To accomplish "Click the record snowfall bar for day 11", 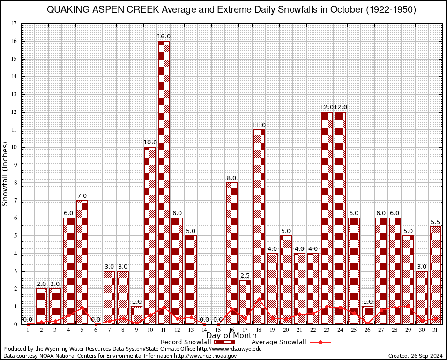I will [x=164, y=183].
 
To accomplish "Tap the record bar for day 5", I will [x=82, y=262].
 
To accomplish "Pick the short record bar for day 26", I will [x=367, y=315].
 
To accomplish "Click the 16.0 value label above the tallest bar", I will [x=164, y=37].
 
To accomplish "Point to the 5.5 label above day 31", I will [x=436, y=222].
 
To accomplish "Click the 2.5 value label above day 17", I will [x=246, y=275].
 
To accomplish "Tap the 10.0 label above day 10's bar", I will [x=150, y=142].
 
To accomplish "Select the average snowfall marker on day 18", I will [x=259, y=299].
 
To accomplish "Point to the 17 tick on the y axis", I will [x=14, y=23].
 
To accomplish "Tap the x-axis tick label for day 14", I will [x=204, y=330].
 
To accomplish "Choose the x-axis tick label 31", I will [x=435, y=330].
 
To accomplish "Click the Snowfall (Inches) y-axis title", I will [x=6, y=173].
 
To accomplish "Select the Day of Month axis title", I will [x=231, y=336].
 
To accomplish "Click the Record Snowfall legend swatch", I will [x=223, y=342].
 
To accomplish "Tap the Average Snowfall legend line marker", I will [x=320, y=342].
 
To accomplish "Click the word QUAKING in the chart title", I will [x=65, y=10].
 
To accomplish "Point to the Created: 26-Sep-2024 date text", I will [x=415, y=356].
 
